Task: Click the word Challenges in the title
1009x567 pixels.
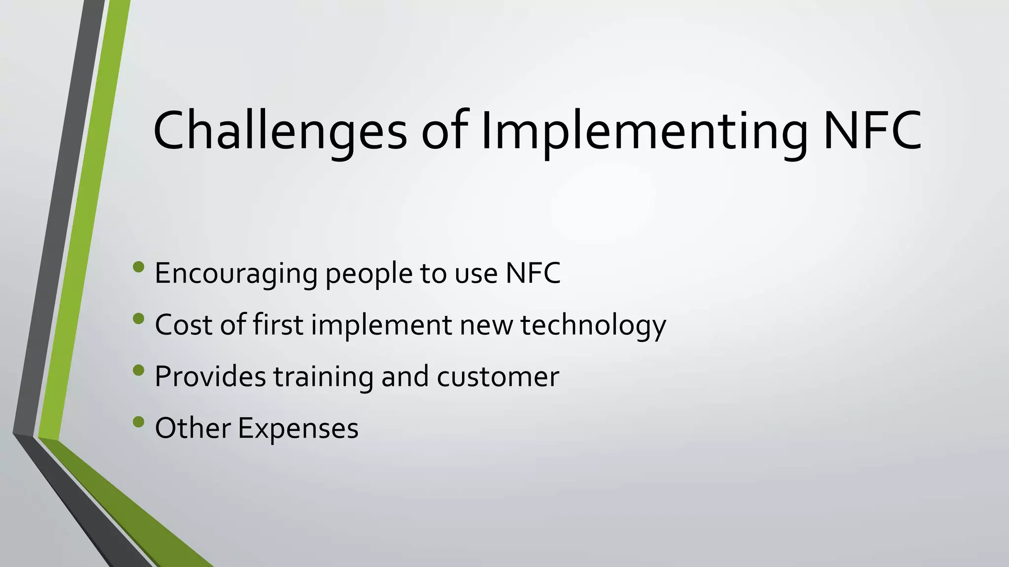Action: coord(280,131)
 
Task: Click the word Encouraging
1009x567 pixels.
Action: coord(235,274)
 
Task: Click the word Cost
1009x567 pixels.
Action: coord(183,325)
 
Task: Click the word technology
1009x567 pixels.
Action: coord(593,326)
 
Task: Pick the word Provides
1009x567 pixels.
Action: coord(210,377)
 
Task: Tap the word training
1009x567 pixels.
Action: coord(324,378)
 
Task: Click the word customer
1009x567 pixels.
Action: coord(498,378)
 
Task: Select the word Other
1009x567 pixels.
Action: coord(192,428)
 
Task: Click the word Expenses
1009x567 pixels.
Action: coord(298,429)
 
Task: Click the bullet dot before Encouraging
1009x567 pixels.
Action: coord(138,267)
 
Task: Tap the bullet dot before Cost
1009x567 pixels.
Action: coord(138,318)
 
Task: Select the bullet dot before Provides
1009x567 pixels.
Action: coord(138,370)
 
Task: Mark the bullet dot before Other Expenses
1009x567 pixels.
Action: coord(138,421)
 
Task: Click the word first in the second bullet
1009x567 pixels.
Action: coord(278,325)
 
